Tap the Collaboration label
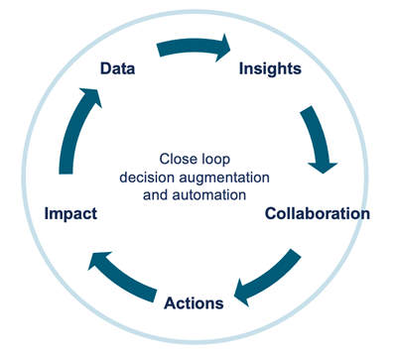(317, 213)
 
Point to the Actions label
(194, 302)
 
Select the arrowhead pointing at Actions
(241, 293)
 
